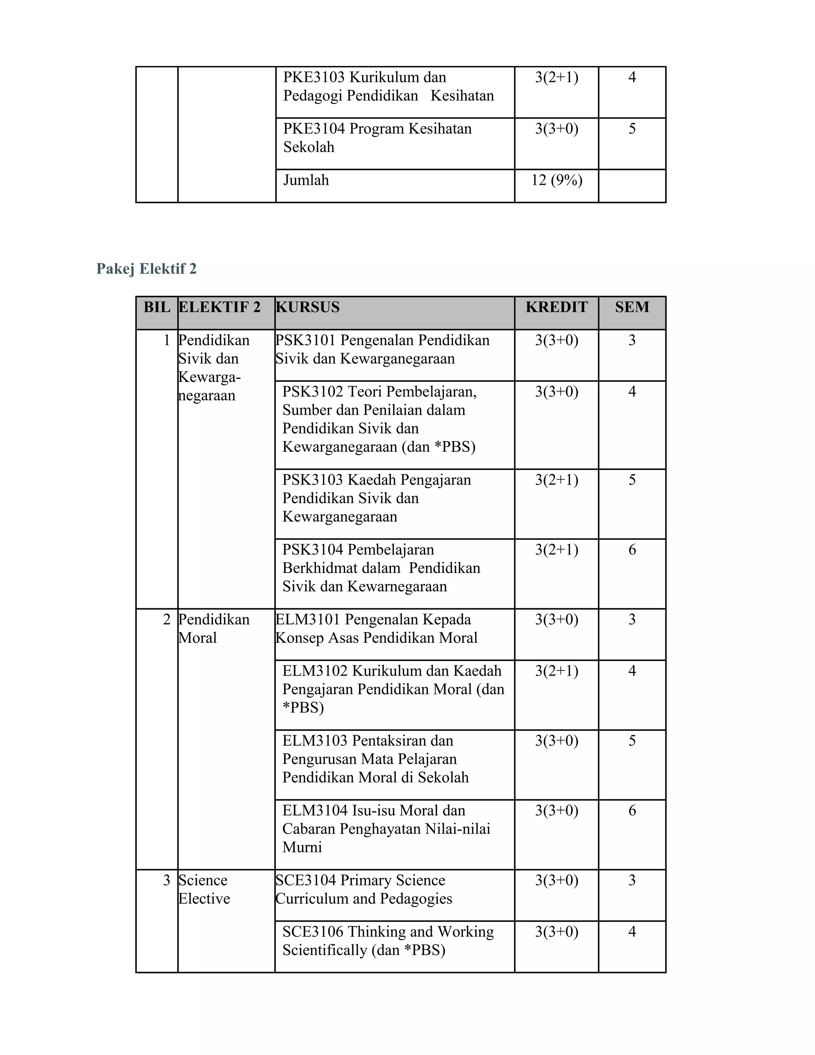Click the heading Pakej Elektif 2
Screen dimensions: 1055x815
pos(146,269)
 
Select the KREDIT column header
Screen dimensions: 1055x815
pos(556,307)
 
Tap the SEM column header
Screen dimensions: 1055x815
pos(632,307)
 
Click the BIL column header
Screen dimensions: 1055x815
pos(156,307)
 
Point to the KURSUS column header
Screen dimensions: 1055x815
pos(308,307)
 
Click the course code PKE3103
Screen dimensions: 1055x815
pos(314,77)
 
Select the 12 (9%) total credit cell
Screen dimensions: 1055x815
pos(556,180)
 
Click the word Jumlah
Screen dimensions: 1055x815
pos(306,180)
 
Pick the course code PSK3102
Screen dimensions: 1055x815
pos(312,392)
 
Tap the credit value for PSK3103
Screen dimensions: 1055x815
pos(556,480)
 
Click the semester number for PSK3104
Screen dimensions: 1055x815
pos(632,550)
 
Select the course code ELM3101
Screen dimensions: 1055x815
pos(308,620)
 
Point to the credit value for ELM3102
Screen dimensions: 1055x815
pos(556,671)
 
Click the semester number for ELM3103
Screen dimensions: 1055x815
pos(632,740)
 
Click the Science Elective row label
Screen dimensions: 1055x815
pos(204,889)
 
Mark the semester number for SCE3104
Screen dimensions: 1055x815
pos(632,880)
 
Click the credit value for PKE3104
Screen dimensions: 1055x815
pos(556,129)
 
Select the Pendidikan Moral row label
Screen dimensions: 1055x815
pos(213,629)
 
